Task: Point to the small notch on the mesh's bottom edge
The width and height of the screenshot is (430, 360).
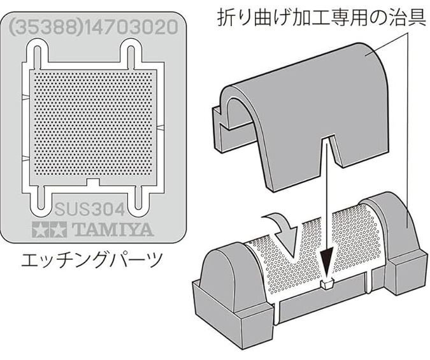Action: click(x=93, y=182)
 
